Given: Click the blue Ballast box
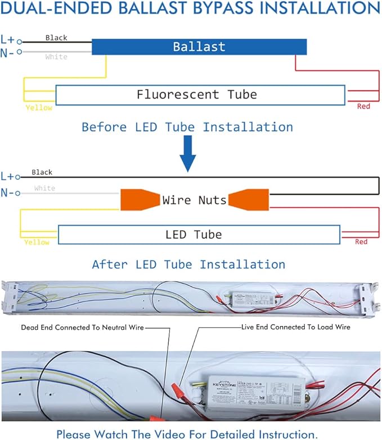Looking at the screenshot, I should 199,46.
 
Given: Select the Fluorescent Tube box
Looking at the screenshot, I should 200,95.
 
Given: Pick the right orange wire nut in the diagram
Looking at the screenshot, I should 250,200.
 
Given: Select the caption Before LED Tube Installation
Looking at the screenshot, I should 187,127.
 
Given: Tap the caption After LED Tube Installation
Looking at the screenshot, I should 188,264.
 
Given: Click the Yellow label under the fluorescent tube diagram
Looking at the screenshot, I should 39,107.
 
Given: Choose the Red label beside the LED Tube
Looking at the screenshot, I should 361,242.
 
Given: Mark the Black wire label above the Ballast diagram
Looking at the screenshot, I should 56,38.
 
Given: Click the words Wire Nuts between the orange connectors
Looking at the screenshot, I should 194,200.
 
